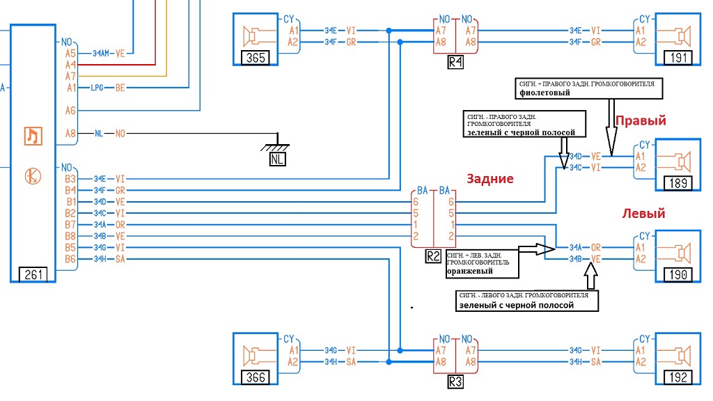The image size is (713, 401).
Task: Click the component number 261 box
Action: [33, 274]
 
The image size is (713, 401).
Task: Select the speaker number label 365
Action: [256, 58]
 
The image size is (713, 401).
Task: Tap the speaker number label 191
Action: [678, 58]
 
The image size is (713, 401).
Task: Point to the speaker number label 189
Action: [678, 183]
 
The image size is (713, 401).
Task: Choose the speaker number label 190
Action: [678, 274]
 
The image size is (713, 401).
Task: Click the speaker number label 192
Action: [678, 377]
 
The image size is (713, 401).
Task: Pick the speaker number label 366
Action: [256, 377]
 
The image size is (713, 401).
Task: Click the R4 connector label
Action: [455, 62]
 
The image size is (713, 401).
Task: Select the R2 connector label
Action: [433, 256]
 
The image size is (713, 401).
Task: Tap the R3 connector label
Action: [455, 382]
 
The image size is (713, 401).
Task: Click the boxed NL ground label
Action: [277, 159]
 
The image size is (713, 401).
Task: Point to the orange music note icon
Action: [33, 136]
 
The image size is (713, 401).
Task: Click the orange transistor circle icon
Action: [33, 176]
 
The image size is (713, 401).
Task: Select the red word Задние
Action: [490, 179]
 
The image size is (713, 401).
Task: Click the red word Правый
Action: [641, 120]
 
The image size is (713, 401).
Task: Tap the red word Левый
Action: [643, 213]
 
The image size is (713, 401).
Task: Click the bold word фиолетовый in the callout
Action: [544, 93]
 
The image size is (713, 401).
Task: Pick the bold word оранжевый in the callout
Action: [470, 272]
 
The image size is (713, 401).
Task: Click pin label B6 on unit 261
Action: [70, 259]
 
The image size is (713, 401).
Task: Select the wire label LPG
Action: [97, 88]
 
